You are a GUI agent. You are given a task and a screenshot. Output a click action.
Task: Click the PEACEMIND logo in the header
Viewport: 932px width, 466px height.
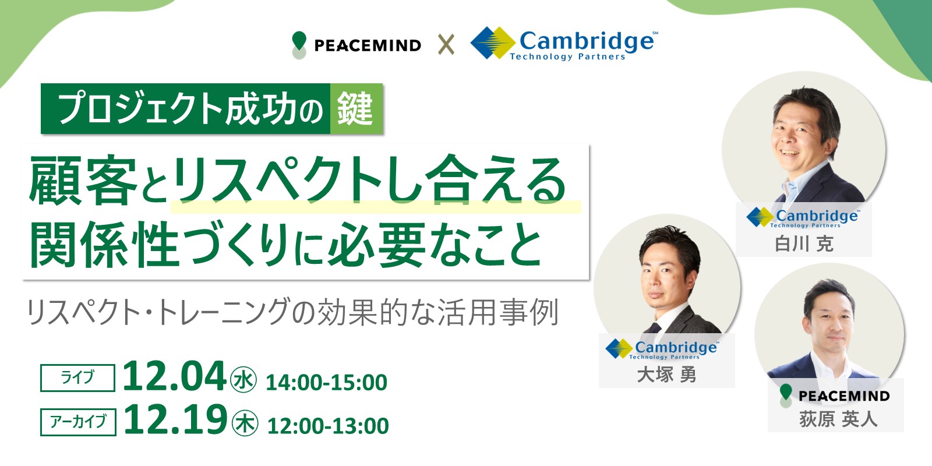(356, 45)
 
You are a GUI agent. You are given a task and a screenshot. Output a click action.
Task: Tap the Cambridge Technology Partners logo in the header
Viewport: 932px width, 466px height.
(564, 44)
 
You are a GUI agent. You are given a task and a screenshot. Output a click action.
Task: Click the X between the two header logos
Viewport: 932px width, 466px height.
(446, 45)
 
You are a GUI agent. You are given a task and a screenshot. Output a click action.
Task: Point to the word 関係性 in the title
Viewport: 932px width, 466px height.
(104, 244)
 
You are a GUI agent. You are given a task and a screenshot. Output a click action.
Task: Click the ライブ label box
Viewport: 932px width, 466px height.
(77, 378)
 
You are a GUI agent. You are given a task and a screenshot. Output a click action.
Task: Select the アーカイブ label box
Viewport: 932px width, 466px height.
(78, 422)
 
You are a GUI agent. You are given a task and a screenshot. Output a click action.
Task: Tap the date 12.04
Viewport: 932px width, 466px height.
(174, 376)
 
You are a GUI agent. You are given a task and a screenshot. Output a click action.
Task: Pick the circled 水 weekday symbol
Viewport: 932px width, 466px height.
(243, 380)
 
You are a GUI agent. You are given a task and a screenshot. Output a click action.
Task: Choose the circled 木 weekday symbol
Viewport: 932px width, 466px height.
(245, 423)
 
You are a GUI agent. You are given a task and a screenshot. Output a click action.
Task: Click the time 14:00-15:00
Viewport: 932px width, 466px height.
(327, 383)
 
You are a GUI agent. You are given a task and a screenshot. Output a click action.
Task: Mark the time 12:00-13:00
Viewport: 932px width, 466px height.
(329, 426)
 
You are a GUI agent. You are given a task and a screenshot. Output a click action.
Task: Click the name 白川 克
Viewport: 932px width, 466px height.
(804, 244)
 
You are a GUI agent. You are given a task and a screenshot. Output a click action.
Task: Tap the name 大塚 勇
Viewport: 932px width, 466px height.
(667, 375)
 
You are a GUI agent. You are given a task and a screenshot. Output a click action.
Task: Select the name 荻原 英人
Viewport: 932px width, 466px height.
(838, 419)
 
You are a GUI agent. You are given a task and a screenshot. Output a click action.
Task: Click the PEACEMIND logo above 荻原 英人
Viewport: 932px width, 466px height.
(834, 396)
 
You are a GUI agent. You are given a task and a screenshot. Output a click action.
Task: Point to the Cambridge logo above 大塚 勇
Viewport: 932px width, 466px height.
(662, 349)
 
